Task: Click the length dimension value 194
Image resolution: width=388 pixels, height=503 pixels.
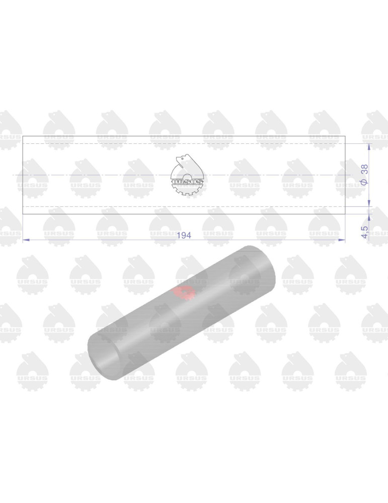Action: (184, 235)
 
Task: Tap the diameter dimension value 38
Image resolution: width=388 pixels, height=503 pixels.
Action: (364, 169)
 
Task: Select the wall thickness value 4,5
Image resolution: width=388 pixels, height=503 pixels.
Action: (364, 232)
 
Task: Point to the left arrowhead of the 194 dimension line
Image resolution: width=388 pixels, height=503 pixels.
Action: (26, 239)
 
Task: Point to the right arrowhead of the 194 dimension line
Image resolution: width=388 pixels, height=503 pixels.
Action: (342, 239)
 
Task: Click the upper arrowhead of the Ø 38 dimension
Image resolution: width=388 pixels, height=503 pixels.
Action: (369, 147)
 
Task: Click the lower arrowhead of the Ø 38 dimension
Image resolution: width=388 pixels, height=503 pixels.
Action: (369, 203)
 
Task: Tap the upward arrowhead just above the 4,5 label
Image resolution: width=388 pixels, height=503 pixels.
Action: (369, 217)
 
